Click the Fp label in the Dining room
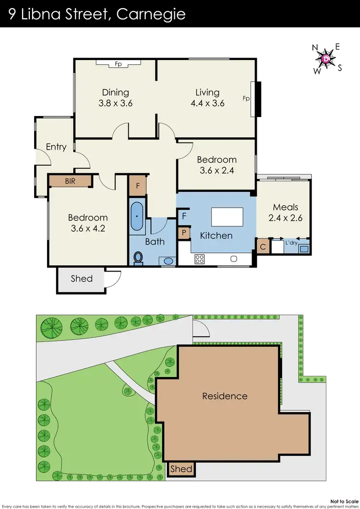(x=118, y=63)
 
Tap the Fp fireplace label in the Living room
(x=246, y=99)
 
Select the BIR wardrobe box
(x=70, y=181)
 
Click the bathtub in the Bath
(x=137, y=216)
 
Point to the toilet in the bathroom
(x=138, y=258)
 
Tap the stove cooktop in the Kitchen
(x=200, y=259)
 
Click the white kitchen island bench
(x=227, y=217)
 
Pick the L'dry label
(x=291, y=243)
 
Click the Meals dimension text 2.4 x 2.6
(x=286, y=217)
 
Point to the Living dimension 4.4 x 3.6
(x=207, y=103)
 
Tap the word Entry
(x=56, y=147)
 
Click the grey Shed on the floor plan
(x=82, y=279)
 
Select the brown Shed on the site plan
(x=181, y=469)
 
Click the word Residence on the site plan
(x=225, y=396)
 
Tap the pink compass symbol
(x=327, y=59)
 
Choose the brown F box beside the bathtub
(x=137, y=185)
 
